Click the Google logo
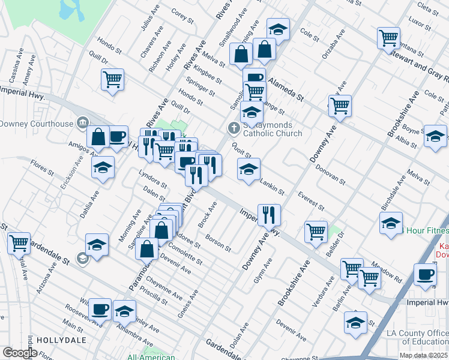[x=19, y=353]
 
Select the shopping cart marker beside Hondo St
[x=112, y=80]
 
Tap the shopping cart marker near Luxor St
[x=389, y=38]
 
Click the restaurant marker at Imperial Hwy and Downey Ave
[x=269, y=214]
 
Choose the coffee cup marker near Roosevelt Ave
[x=100, y=310]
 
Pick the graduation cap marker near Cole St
[x=278, y=29]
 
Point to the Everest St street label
[x=311, y=201]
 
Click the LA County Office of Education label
[x=417, y=337]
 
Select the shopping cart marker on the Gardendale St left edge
[x=19, y=243]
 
